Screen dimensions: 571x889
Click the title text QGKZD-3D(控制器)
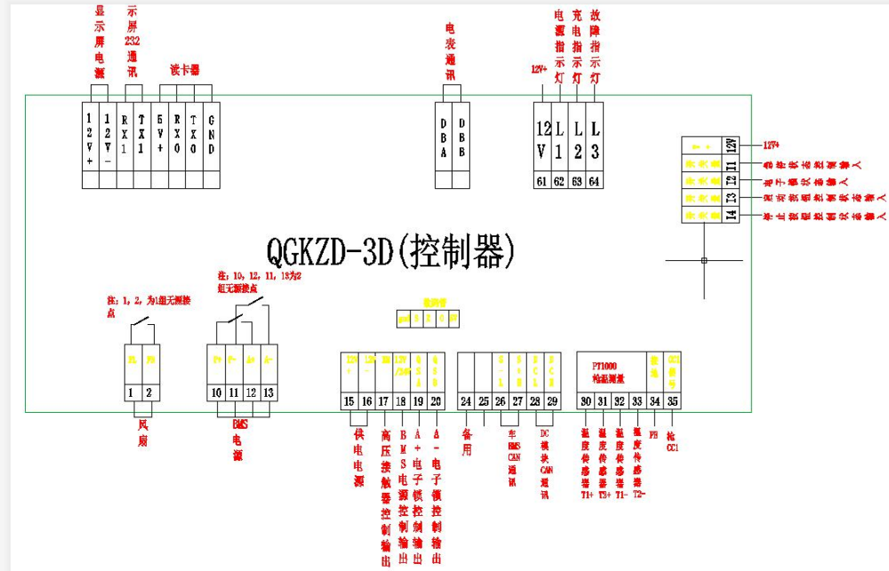click(x=391, y=251)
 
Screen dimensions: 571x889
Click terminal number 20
click(x=436, y=401)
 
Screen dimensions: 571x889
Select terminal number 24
click(x=466, y=401)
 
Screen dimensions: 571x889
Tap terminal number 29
click(x=552, y=401)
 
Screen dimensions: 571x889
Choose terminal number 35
click(x=673, y=401)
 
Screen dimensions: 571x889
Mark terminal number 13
click(x=268, y=392)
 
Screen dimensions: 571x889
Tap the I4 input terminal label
click(x=730, y=215)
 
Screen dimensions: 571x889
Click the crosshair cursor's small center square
click(x=704, y=260)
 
